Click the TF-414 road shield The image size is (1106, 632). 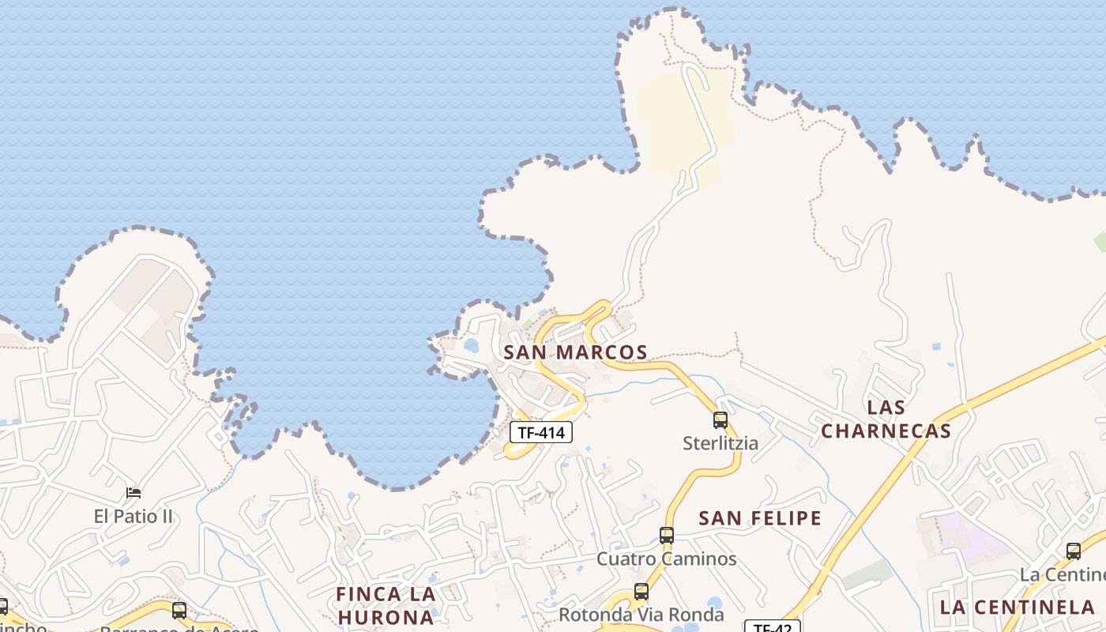click(x=541, y=432)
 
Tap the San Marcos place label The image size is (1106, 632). click(x=575, y=352)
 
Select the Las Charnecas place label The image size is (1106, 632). click(x=886, y=419)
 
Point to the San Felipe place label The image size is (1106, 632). click(x=760, y=518)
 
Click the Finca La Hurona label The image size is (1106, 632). click(x=386, y=604)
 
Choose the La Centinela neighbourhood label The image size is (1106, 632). click(x=1017, y=608)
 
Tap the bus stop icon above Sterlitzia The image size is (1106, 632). click(x=720, y=419)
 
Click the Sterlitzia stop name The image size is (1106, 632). click(x=720, y=443)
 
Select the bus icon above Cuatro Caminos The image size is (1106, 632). click(x=667, y=536)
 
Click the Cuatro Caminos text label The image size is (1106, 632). click(x=667, y=559)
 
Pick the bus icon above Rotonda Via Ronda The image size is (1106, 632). click(x=641, y=591)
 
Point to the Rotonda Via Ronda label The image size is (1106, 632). click(x=641, y=615)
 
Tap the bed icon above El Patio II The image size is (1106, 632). click(x=134, y=493)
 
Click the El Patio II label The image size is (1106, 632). click(x=134, y=517)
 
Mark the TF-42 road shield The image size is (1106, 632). click(x=772, y=627)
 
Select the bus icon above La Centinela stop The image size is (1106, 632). click(x=1073, y=551)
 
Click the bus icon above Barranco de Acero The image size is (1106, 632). click(x=179, y=610)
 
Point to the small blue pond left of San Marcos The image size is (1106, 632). click(x=472, y=345)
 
